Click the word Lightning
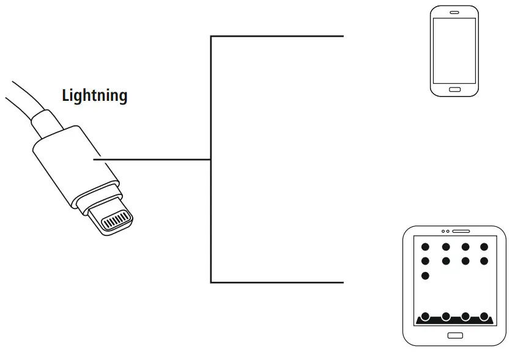click(x=95, y=95)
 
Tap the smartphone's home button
click(x=454, y=89)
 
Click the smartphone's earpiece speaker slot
click(x=454, y=12)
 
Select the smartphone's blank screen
click(x=454, y=50)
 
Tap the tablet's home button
click(x=455, y=335)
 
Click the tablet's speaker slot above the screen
click(x=461, y=232)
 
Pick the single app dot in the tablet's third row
click(x=426, y=276)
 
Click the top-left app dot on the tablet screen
click(x=426, y=247)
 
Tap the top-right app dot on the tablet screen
click(x=484, y=247)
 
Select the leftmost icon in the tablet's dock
click(x=426, y=317)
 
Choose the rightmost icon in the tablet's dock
click(x=484, y=317)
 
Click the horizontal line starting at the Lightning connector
click(x=153, y=160)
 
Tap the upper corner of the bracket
click(x=211, y=37)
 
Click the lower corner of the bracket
click(x=211, y=282)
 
